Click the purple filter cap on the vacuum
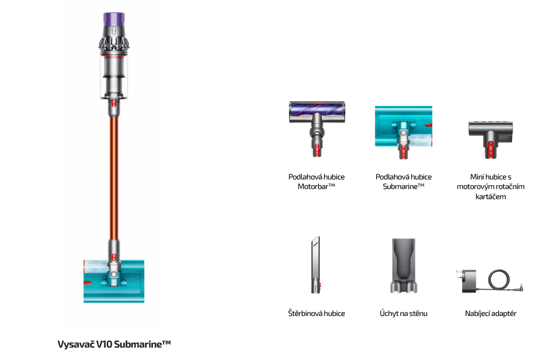114,20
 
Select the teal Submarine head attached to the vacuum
114,281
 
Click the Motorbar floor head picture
317,129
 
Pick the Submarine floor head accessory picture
403,132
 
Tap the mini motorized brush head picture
490,139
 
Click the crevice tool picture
315,265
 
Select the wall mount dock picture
403,265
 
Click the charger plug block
467,281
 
